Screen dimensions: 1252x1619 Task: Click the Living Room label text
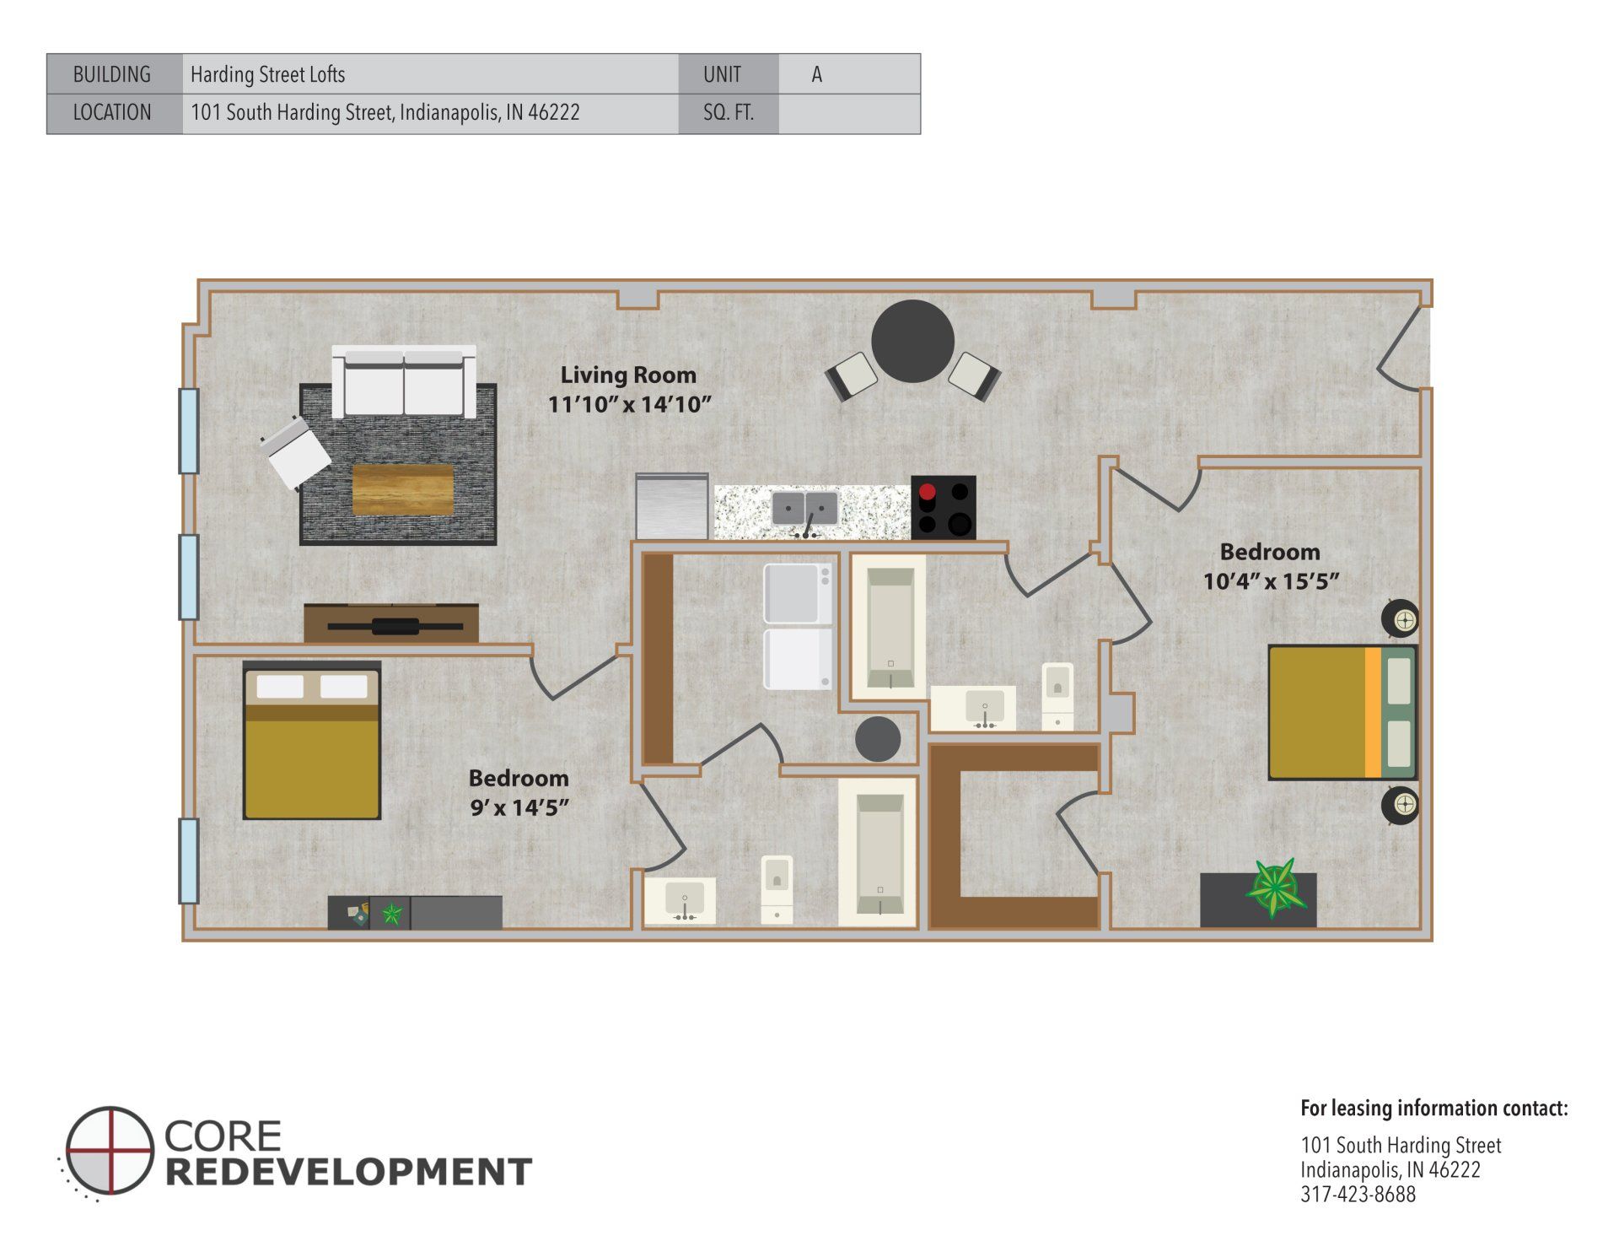[628, 375]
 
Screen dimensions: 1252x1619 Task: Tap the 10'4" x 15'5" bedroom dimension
[1271, 581]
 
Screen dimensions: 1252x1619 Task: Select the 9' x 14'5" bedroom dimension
[519, 807]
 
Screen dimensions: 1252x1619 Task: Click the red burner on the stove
[928, 492]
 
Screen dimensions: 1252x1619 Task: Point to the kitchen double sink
[805, 509]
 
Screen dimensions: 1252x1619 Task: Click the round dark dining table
[912, 342]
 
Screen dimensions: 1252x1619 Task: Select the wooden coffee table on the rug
[402, 488]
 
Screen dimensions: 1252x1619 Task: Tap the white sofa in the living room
[404, 380]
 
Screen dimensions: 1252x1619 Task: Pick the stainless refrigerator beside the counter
[671, 506]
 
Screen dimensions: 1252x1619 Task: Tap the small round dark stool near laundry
[877, 739]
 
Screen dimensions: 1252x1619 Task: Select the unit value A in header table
[816, 74]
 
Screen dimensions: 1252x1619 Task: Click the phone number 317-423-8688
[1358, 1195]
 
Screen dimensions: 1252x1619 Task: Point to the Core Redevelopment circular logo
[110, 1150]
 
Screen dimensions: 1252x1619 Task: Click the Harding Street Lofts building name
[267, 74]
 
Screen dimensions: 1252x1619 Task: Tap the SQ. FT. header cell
[728, 113]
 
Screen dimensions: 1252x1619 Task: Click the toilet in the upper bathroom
[1057, 695]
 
